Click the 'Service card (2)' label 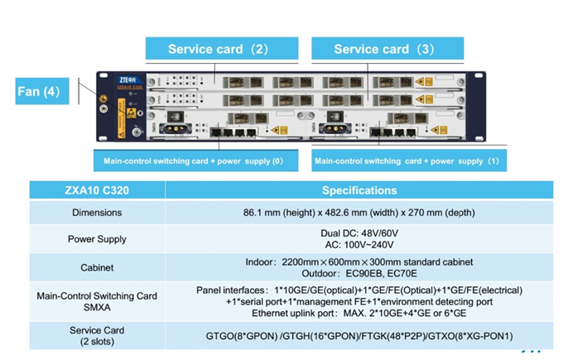pyautogui.click(x=218, y=49)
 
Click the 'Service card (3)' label pyautogui.click(x=383, y=49)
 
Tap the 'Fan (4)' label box pyautogui.click(x=39, y=90)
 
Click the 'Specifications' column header pyautogui.click(x=359, y=190)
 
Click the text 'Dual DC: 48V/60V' pyautogui.click(x=359, y=233)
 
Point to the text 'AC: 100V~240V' pyautogui.click(x=359, y=245)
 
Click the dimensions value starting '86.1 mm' pyautogui.click(x=359, y=213)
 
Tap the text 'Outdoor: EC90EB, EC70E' pyautogui.click(x=359, y=273)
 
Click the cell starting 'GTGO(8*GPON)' pyautogui.click(x=359, y=336)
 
